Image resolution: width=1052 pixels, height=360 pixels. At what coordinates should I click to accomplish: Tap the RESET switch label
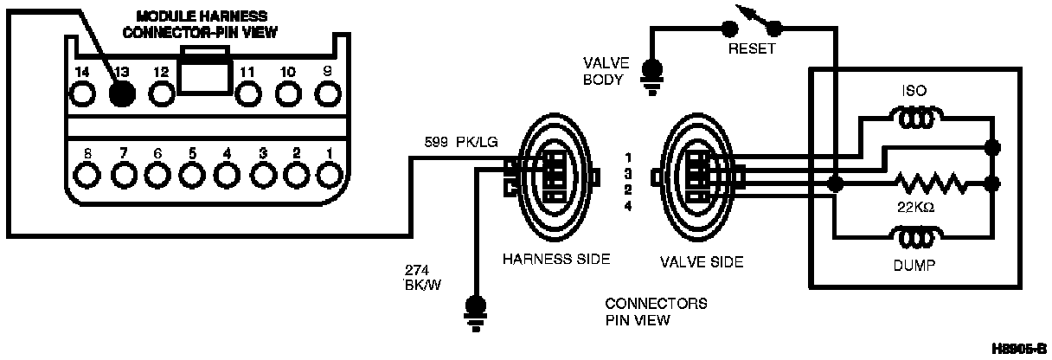click(x=751, y=49)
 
